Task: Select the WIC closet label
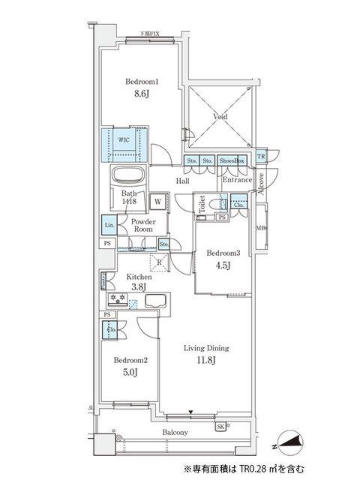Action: tap(124, 139)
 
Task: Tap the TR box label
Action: tap(260, 157)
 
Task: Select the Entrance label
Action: tap(237, 180)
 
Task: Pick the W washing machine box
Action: tap(158, 201)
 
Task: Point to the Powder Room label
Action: tap(142, 226)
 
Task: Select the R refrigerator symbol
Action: tap(159, 262)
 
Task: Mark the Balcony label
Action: tap(173, 433)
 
